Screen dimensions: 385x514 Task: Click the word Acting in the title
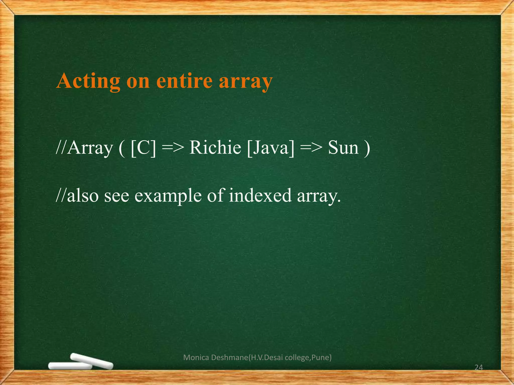[88, 81]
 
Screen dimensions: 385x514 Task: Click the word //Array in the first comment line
[84, 148]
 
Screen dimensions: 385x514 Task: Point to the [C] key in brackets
[143, 148]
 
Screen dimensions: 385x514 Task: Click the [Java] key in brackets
[271, 148]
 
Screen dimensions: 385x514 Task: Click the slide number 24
[479, 367]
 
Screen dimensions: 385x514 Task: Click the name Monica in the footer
[196, 357]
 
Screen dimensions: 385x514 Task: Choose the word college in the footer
[297, 357]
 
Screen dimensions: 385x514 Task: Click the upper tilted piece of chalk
[92, 361]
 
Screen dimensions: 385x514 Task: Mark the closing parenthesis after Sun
[367, 148]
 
